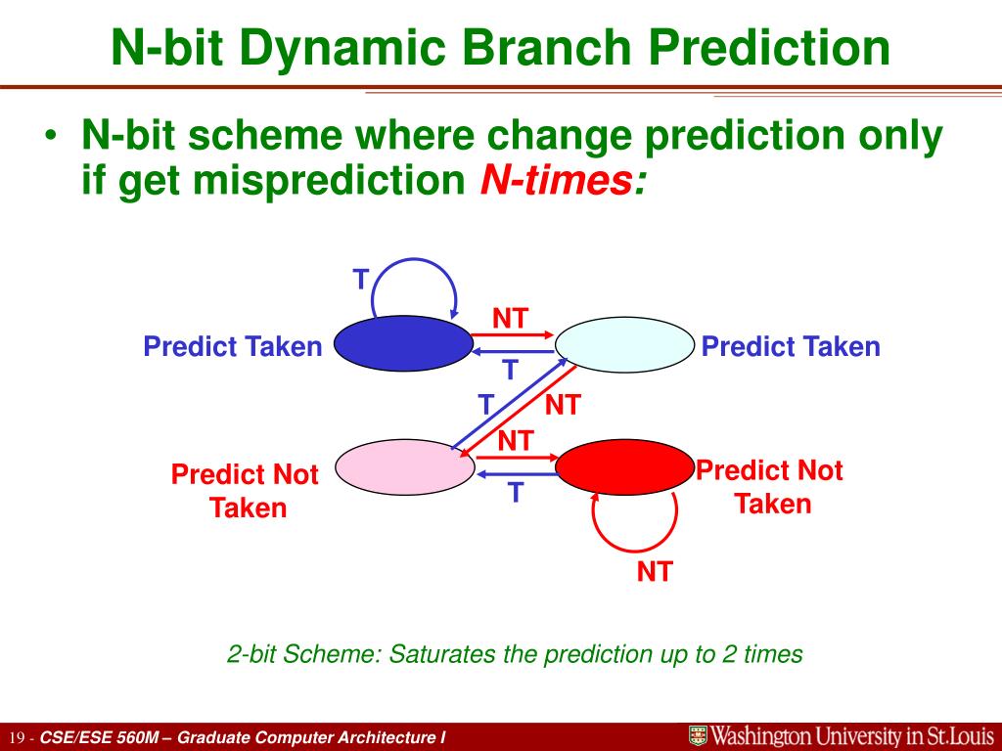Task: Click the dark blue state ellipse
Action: pos(403,343)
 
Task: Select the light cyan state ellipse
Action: pos(624,345)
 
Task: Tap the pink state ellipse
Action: pos(404,466)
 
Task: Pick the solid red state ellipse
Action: pos(624,466)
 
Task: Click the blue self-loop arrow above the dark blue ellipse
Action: pos(414,259)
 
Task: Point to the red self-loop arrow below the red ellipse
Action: pos(634,550)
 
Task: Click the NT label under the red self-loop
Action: pos(655,571)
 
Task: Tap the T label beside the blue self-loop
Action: pos(361,280)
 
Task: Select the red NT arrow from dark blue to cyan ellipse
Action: pos(513,334)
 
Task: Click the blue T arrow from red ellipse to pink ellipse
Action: pos(517,474)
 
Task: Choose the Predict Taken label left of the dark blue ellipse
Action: pos(233,347)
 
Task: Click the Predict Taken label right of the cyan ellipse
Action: pos(791,347)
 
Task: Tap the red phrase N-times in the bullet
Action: pos(563,180)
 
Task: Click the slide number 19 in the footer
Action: pos(18,738)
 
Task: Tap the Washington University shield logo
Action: pos(698,735)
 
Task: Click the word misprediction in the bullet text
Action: pos(330,181)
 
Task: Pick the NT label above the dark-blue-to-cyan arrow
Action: pos(510,318)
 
